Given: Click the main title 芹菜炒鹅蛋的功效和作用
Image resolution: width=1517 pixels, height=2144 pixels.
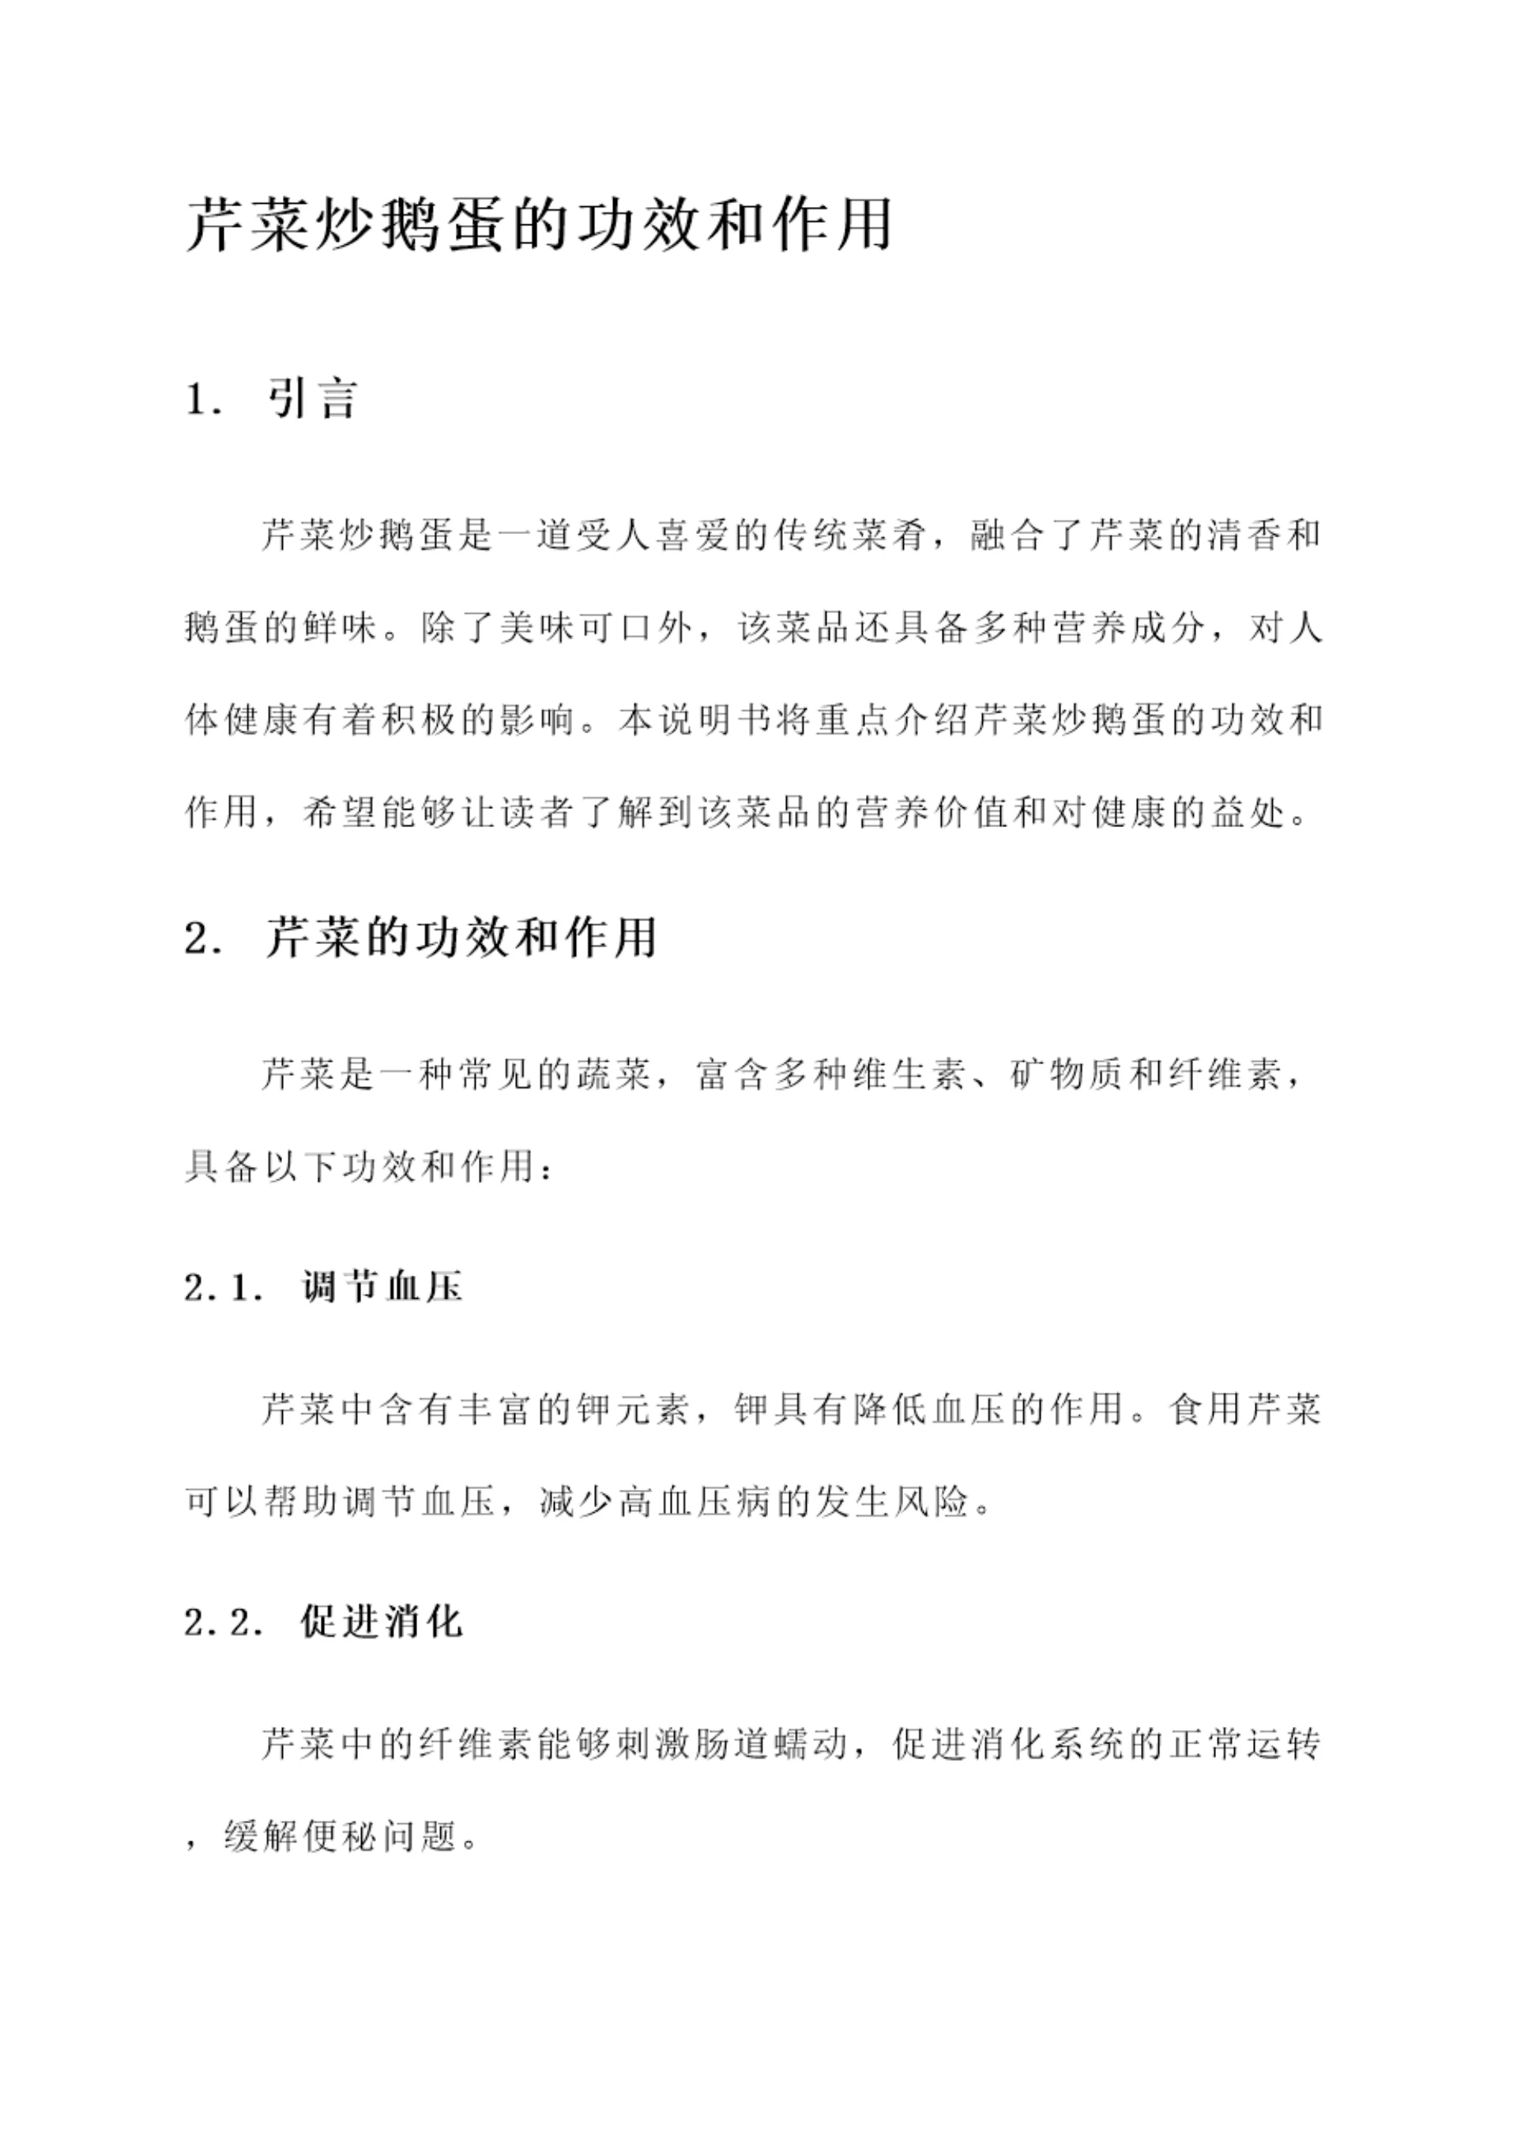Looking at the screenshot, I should (x=539, y=225).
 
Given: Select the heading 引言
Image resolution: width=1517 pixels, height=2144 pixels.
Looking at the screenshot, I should (x=312, y=399).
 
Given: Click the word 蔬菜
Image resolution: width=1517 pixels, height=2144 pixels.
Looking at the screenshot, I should (x=612, y=1076).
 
